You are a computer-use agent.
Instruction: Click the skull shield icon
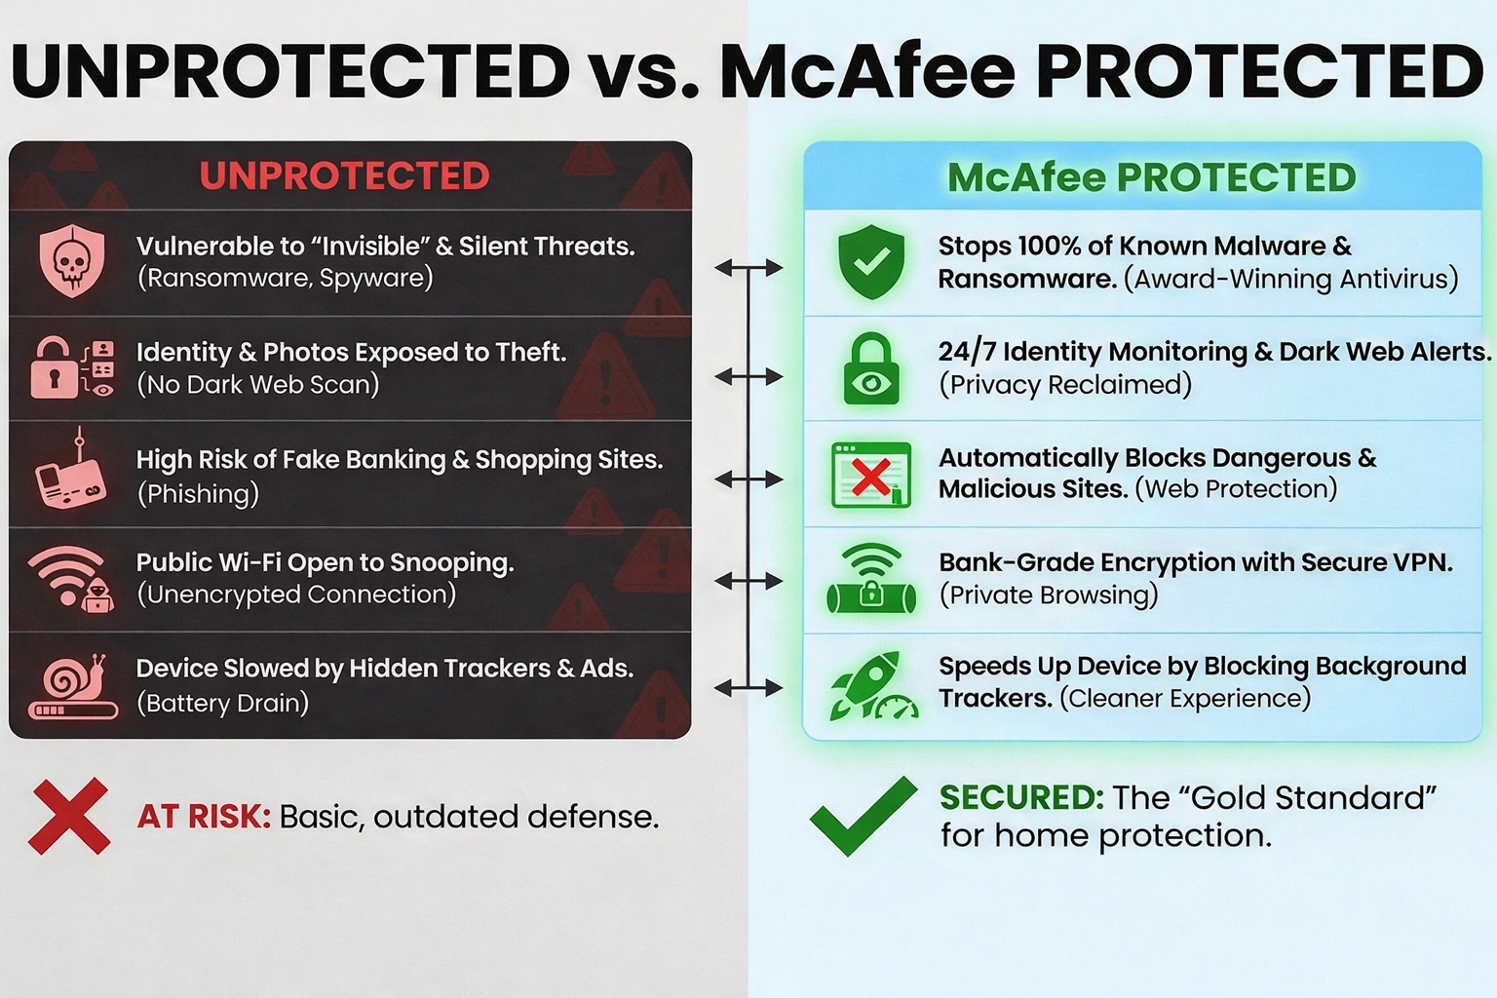[72, 261]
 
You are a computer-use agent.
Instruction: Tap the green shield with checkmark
[871, 261]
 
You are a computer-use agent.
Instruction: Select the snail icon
[73, 686]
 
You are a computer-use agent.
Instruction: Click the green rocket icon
[873, 686]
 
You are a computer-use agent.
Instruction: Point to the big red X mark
[69, 816]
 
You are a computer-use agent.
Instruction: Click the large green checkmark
[863, 816]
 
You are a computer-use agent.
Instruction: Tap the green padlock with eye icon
[871, 368]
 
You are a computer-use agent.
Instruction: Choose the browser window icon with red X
[871, 475]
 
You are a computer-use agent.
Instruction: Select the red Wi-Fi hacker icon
[71, 579]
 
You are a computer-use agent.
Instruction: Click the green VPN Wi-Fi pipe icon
[871, 579]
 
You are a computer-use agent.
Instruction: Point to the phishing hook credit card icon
[71, 469]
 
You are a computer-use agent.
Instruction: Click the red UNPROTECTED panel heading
[345, 175]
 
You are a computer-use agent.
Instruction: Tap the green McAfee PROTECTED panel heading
[1151, 177]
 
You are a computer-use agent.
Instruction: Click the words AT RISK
[204, 816]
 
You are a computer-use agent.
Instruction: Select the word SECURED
[1021, 797]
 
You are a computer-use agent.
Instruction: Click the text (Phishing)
[198, 494]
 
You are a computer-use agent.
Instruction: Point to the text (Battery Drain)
[222, 704]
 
